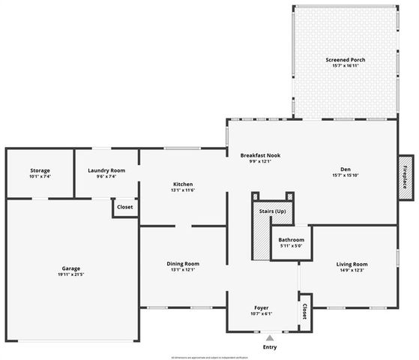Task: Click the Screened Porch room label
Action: (x=346, y=59)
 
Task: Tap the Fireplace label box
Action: (x=406, y=177)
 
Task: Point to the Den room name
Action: (x=346, y=169)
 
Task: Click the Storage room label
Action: (x=40, y=170)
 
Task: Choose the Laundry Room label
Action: (x=106, y=170)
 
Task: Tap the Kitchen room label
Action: (x=183, y=184)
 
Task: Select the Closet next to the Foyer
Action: (x=304, y=311)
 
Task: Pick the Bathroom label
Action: (x=292, y=239)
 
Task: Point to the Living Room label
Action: (x=351, y=264)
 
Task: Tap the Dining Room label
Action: (x=183, y=264)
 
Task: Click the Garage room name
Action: (x=71, y=268)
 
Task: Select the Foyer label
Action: (x=260, y=307)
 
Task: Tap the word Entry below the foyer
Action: (x=270, y=348)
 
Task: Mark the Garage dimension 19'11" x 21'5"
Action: (x=71, y=274)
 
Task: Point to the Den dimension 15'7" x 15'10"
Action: (x=346, y=175)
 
